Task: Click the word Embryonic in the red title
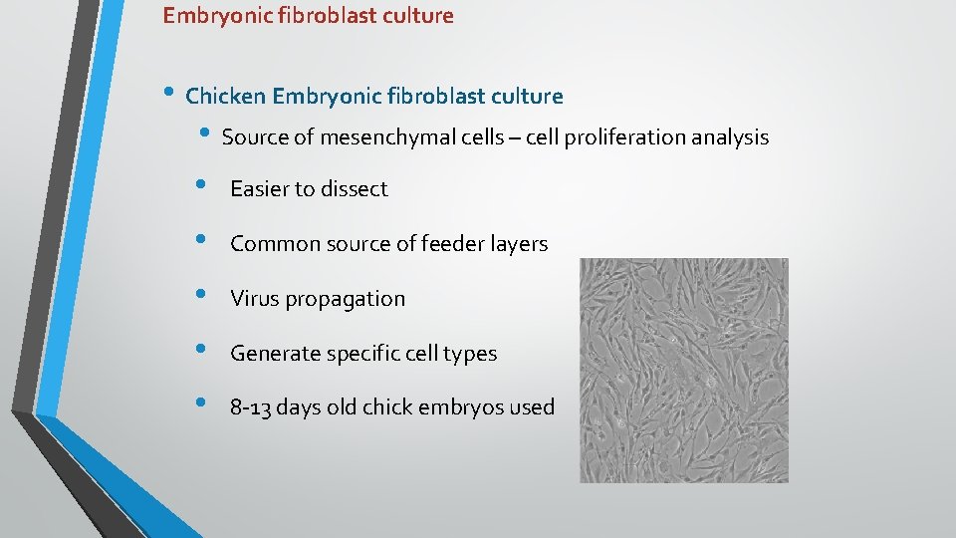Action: [210, 16]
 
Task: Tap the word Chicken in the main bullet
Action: [225, 97]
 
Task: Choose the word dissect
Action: [356, 189]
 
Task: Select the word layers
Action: [519, 244]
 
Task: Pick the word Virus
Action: [254, 299]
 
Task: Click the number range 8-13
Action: [250, 407]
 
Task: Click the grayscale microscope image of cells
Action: [684, 371]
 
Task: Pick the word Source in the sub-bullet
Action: [255, 137]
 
